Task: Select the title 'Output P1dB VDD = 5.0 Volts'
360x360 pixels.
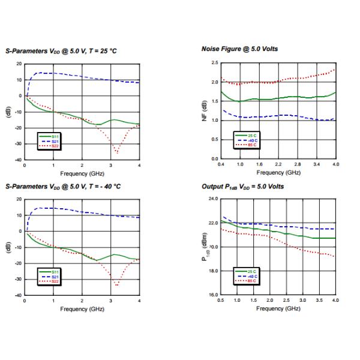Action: (x=242, y=187)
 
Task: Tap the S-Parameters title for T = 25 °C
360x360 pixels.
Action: (x=61, y=51)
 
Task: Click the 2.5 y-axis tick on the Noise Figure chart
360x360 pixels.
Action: (x=214, y=63)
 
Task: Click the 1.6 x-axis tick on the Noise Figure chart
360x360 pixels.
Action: (x=259, y=164)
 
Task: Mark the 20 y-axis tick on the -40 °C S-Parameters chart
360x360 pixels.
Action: (x=19, y=199)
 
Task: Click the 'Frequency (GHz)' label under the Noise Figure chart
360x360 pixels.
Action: (x=278, y=172)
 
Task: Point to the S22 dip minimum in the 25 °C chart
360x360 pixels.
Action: (x=117, y=153)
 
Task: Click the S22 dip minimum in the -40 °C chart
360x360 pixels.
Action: (x=117, y=285)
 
